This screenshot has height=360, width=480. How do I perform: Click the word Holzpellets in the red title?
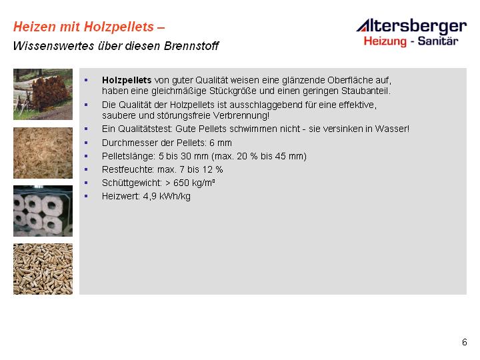(x=119, y=27)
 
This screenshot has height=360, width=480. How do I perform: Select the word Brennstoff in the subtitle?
(x=191, y=46)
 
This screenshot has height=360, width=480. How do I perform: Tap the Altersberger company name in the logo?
(x=412, y=26)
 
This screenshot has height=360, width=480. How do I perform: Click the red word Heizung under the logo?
(x=385, y=41)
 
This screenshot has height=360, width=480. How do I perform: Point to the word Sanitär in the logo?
(x=438, y=41)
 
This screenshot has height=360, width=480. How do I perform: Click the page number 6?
(x=465, y=342)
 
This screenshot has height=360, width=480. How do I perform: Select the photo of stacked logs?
(x=43, y=94)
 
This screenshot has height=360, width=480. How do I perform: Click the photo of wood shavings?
(x=43, y=153)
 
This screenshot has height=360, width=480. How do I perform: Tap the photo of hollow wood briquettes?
(x=43, y=211)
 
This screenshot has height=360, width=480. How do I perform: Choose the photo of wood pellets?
(x=43, y=269)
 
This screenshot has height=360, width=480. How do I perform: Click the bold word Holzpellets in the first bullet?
(x=127, y=80)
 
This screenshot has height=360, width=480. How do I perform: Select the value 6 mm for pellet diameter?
(x=221, y=143)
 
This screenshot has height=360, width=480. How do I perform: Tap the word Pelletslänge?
(x=129, y=157)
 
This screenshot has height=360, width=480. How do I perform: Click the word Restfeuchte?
(x=128, y=169)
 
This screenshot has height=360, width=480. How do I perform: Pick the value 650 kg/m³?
(x=194, y=183)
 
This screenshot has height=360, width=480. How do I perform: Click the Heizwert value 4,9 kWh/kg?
(x=167, y=197)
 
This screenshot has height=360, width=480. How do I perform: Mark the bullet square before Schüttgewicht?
(x=86, y=183)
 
